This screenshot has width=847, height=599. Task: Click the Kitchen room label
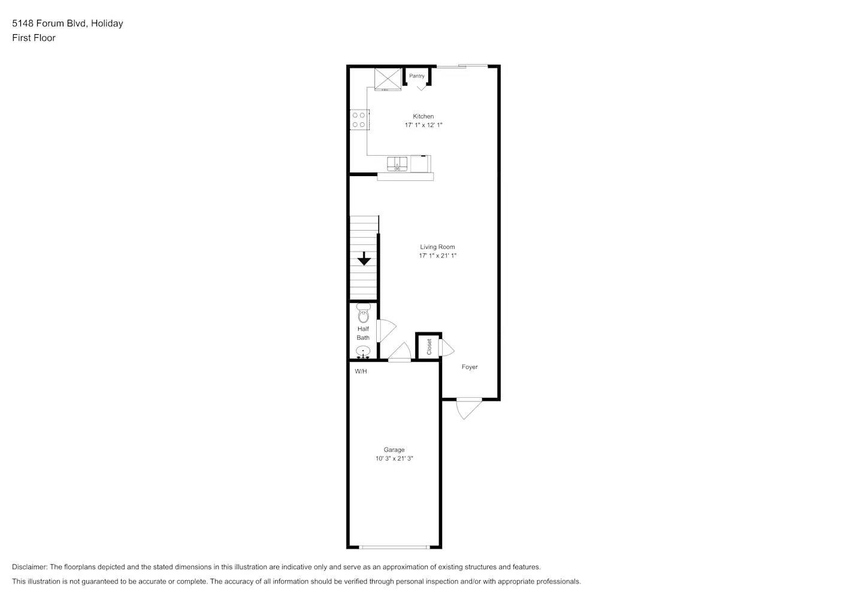pyautogui.click(x=423, y=116)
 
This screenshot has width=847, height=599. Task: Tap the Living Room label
pyautogui.click(x=437, y=247)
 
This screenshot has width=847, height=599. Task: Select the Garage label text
pyautogui.click(x=394, y=450)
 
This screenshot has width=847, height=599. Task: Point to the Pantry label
pyautogui.click(x=417, y=76)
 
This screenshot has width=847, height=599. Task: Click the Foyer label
pyautogui.click(x=470, y=367)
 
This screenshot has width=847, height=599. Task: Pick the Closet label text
pyautogui.click(x=429, y=347)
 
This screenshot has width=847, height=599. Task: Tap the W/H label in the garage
pyautogui.click(x=361, y=371)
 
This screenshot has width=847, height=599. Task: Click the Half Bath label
pyautogui.click(x=363, y=333)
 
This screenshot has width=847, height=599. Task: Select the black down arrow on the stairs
pyautogui.click(x=364, y=259)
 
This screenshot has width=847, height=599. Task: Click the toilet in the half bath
pyautogui.click(x=364, y=313)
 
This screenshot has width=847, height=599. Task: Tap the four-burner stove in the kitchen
pyautogui.click(x=359, y=120)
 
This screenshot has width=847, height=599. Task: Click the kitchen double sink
pyautogui.click(x=397, y=164)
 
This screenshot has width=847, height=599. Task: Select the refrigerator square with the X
pyautogui.click(x=388, y=78)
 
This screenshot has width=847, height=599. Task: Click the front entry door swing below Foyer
pyautogui.click(x=468, y=409)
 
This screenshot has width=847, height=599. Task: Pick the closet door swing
pyautogui.click(x=447, y=348)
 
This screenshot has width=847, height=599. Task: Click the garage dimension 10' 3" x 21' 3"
pyautogui.click(x=394, y=459)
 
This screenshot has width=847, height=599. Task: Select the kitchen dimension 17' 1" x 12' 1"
pyautogui.click(x=423, y=125)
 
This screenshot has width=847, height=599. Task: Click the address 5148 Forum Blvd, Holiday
pyautogui.click(x=68, y=23)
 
